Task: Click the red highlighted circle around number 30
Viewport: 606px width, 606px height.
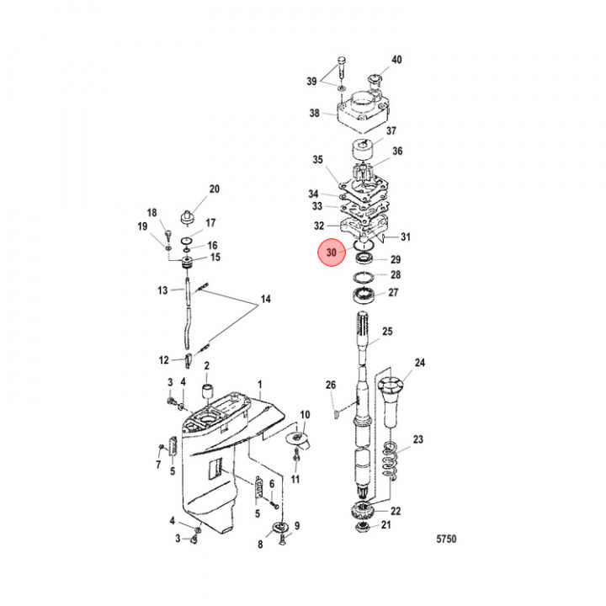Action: pyautogui.click(x=331, y=252)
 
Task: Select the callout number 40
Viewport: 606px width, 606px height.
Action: pyautogui.click(x=396, y=60)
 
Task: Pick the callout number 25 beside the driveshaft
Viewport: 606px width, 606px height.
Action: pyautogui.click(x=387, y=332)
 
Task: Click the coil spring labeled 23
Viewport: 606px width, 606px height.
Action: pyautogui.click(x=389, y=462)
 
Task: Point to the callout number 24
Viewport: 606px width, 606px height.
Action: pyautogui.click(x=420, y=364)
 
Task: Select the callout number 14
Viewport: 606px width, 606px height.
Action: pyautogui.click(x=266, y=300)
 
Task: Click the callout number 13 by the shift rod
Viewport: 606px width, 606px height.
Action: pyautogui.click(x=163, y=290)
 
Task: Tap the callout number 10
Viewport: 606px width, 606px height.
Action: pyautogui.click(x=306, y=415)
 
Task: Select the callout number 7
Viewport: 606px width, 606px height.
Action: pyautogui.click(x=157, y=465)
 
